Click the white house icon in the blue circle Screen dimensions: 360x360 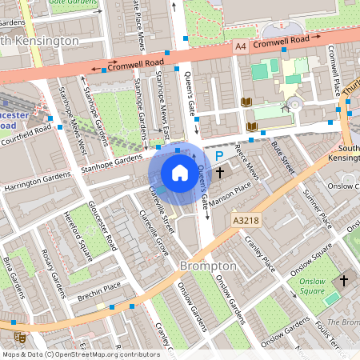point(179,173)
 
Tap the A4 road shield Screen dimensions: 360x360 point(241,48)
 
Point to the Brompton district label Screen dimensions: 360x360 point(207,265)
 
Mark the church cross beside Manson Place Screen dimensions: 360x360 point(219,173)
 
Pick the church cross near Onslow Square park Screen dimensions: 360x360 point(345,281)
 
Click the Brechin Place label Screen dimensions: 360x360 point(99,286)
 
